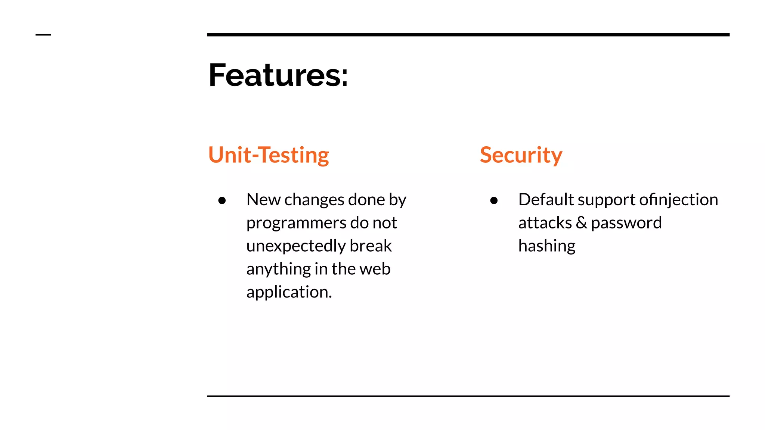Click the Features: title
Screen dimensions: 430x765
pos(278,75)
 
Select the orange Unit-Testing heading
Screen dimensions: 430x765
pos(269,155)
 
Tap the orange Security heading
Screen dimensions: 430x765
pos(521,155)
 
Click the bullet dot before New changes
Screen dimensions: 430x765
pos(222,201)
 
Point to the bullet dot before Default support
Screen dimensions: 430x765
pos(494,201)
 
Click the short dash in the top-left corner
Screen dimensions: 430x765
pos(43,35)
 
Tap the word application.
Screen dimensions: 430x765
pos(289,292)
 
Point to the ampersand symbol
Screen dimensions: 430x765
pos(581,223)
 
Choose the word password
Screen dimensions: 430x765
pos(626,223)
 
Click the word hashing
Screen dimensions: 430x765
pos(547,246)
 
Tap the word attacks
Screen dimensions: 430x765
pos(545,223)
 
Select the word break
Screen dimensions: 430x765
pos(371,246)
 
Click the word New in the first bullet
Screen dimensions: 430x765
pos(263,200)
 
